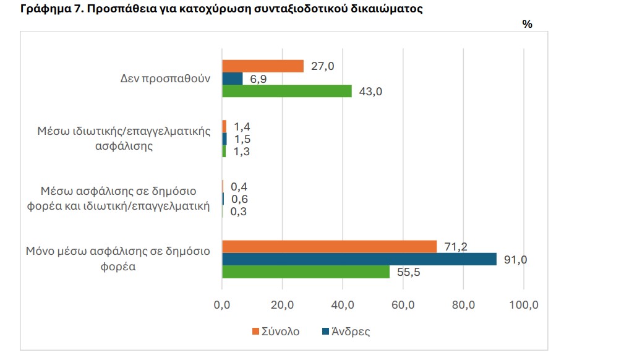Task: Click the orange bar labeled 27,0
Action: point(263,66)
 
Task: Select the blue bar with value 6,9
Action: point(233,79)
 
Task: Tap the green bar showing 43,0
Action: point(287,91)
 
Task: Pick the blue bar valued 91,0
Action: point(359,259)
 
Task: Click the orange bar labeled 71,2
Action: point(329,247)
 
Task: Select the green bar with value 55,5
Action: point(306,272)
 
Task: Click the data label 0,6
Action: point(239,199)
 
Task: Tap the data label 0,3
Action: point(239,211)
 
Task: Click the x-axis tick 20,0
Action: point(282,304)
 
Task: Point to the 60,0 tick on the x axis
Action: point(403,304)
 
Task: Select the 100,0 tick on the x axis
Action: point(524,304)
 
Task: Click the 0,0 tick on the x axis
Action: point(222,304)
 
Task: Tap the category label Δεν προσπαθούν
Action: point(166,79)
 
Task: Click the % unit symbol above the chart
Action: point(527,24)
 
